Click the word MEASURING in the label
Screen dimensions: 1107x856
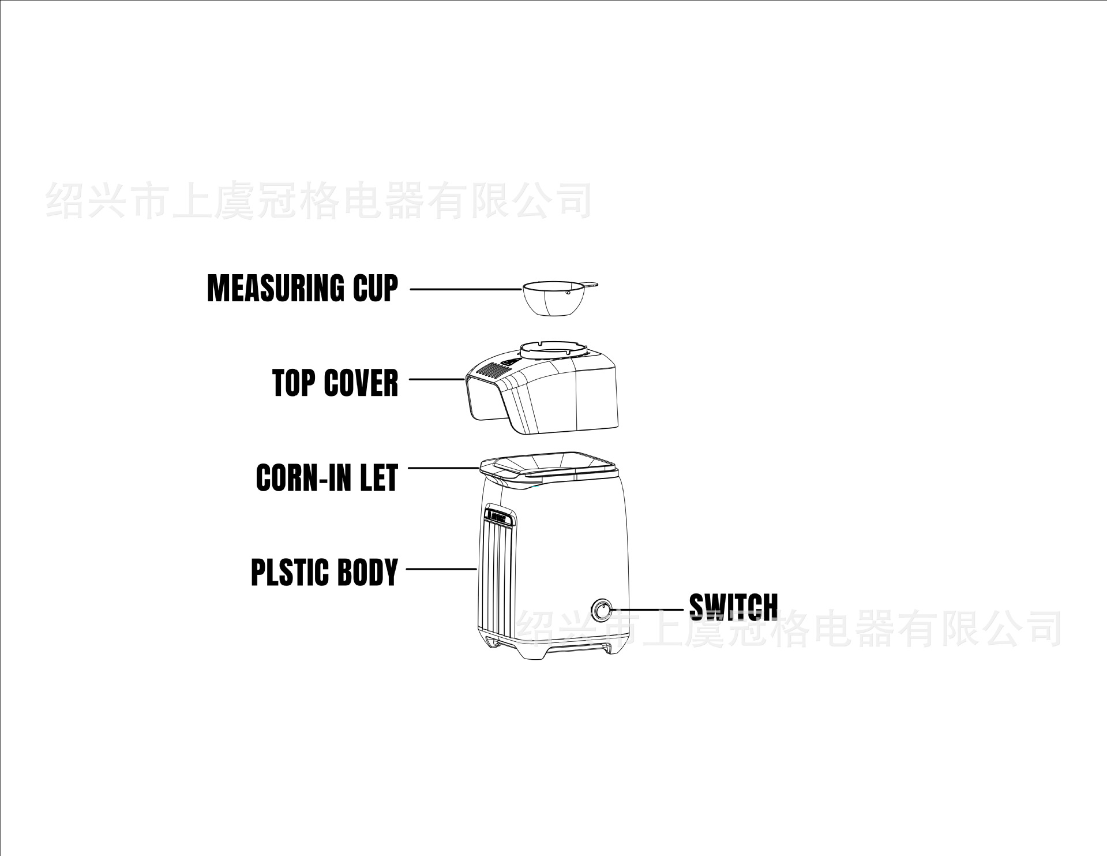pyautogui.click(x=275, y=288)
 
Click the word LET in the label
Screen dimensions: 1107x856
pyautogui.click(x=379, y=478)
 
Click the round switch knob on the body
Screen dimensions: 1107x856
pyautogui.click(x=602, y=610)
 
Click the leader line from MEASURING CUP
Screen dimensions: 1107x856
pyautogui.click(x=465, y=289)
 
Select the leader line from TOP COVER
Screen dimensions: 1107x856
pyautogui.click(x=437, y=379)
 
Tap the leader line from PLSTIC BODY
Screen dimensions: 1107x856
pyautogui.click(x=441, y=569)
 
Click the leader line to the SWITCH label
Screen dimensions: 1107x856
pyautogui.click(x=651, y=610)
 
